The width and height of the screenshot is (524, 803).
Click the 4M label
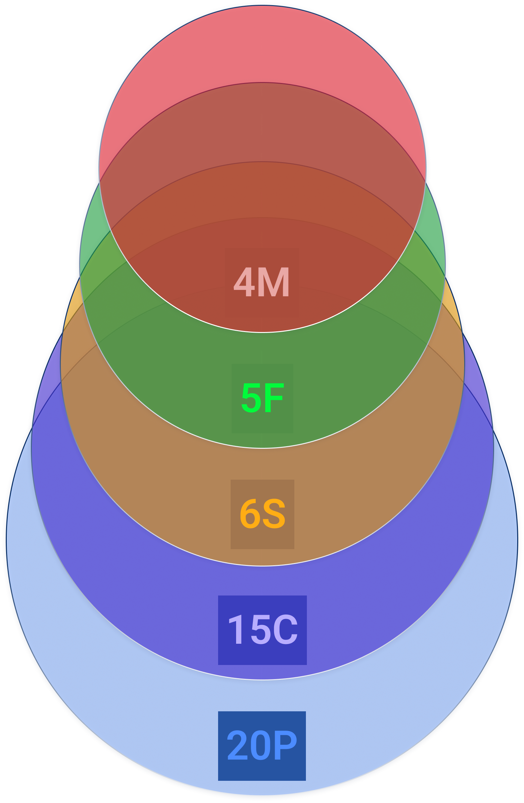tap(262, 282)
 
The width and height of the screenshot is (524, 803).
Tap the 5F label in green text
tap(262, 398)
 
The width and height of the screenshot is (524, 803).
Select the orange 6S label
tap(262, 514)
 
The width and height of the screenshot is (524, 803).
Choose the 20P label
tap(262, 746)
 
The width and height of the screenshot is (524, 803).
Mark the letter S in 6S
tap(274, 514)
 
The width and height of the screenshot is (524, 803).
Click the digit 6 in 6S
tap(250, 514)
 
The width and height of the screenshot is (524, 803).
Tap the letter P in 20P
tap(286, 746)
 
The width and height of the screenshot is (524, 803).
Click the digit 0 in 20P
tap(262, 746)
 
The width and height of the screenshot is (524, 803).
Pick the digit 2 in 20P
tap(238, 746)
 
